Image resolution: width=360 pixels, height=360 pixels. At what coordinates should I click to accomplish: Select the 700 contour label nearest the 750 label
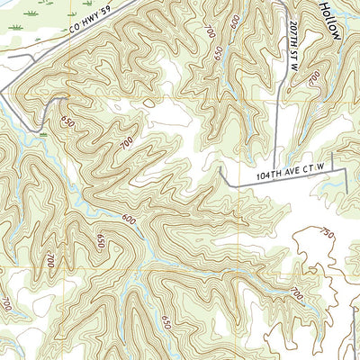click(297, 294)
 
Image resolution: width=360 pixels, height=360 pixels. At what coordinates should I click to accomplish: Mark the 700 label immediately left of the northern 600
click(211, 33)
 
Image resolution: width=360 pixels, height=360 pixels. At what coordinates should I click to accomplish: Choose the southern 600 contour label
click(129, 219)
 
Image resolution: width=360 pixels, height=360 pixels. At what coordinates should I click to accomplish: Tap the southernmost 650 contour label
click(166, 319)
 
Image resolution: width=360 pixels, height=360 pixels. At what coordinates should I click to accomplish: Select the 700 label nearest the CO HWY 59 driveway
click(125, 142)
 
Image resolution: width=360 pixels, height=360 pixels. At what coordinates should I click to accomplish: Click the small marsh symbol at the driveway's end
click(41, 132)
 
